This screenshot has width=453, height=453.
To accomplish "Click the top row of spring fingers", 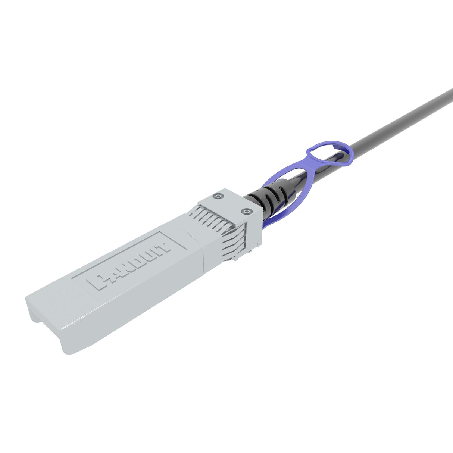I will pyautogui.click(x=211, y=218).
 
